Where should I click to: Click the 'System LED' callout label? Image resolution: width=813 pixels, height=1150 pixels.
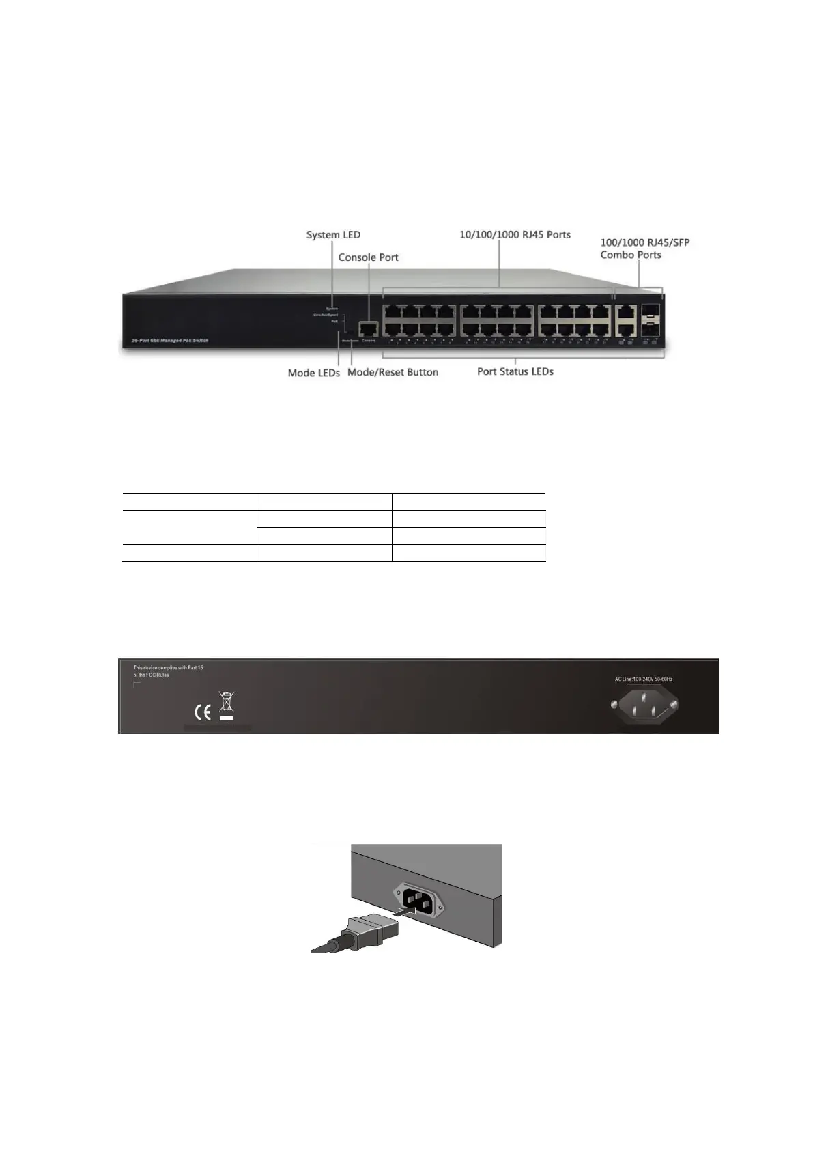[x=333, y=235]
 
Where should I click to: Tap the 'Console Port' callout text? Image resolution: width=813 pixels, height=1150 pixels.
[x=368, y=257]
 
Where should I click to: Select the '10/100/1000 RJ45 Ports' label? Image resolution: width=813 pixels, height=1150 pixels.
[x=515, y=235]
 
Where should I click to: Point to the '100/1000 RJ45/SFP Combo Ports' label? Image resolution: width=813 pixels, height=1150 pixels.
[x=644, y=249]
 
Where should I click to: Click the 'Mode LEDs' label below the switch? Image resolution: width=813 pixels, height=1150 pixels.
[x=313, y=373]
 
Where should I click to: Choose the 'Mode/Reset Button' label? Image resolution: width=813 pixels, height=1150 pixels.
[x=393, y=372]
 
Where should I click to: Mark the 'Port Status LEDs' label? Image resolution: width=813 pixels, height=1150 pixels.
[x=515, y=371]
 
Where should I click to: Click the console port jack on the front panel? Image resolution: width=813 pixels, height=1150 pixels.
[x=369, y=328]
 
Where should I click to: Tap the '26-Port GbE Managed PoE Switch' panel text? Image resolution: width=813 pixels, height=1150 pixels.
[x=170, y=340]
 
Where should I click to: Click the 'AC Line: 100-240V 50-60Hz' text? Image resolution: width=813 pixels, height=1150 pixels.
[x=644, y=679]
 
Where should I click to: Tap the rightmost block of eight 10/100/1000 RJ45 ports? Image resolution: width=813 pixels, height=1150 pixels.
[x=574, y=320]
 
